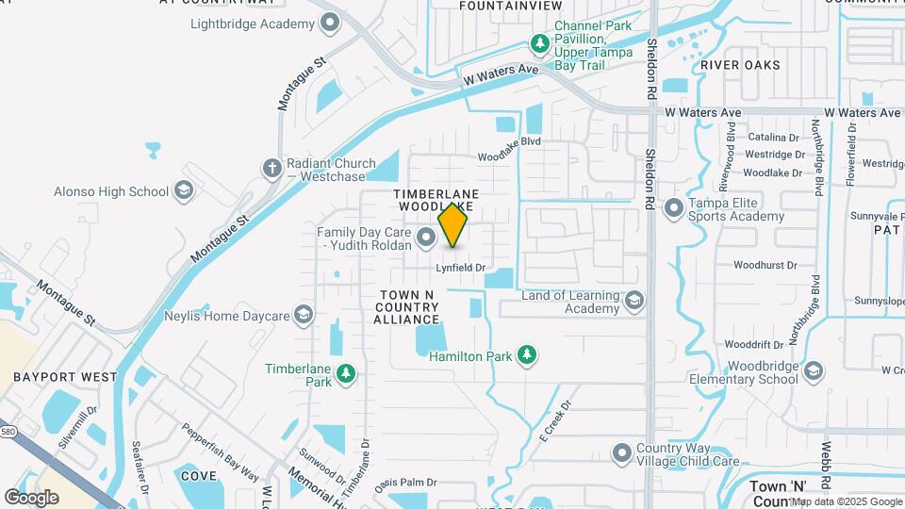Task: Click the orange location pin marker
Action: point(453,224)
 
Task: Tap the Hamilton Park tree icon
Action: point(528,355)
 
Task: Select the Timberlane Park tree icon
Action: point(347,374)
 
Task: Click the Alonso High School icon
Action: point(184,191)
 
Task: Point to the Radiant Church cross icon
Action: point(272,168)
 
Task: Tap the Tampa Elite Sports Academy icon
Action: point(674,208)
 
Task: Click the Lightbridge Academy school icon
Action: point(330,24)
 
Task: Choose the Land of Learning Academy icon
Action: point(634,301)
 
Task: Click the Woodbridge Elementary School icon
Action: point(814,371)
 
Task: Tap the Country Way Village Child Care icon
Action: point(621,454)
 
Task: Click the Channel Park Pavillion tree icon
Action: point(539,42)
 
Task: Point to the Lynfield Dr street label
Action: point(460,268)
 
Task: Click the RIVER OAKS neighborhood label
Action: point(740,65)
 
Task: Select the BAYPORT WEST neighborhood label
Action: point(66,376)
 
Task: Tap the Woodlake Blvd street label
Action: point(508,141)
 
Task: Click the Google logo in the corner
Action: point(31,497)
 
